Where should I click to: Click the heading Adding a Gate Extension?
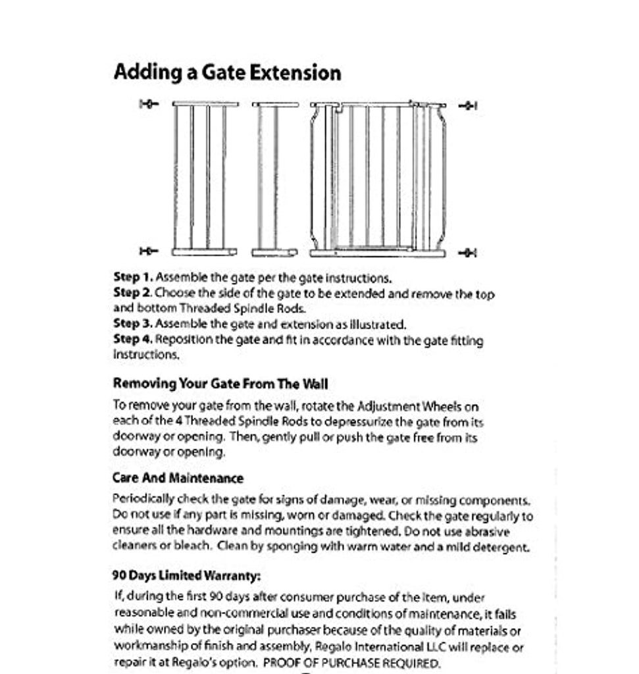click(x=227, y=72)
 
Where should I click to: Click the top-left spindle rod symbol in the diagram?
click(x=149, y=104)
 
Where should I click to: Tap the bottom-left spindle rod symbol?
click(x=149, y=251)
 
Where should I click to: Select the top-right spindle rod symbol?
click(x=468, y=105)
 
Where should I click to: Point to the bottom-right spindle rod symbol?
click(x=468, y=252)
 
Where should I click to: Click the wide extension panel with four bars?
click(x=205, y=178)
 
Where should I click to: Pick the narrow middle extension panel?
click(x=274, y=178)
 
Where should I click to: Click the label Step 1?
click(x=133, y=277)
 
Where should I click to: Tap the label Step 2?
click(x=133, y=293)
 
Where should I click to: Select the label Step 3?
click(x=133, y=324)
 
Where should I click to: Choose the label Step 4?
click(x=133, y=340)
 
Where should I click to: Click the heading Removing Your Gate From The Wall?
click(x=220, y=383)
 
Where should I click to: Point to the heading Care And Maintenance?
click(x=178, y=479)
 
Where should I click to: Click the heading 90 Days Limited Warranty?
click(x=187, y=575)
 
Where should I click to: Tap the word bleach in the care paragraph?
click(x=195, y=546)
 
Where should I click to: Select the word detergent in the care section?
click(x=502, y=547)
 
